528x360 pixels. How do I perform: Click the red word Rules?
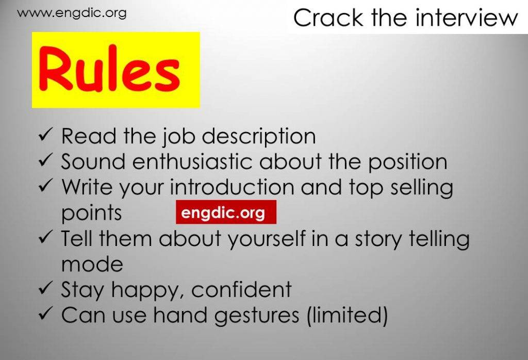[x=109, y=69]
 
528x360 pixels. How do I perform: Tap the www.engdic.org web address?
[x=72, y=13]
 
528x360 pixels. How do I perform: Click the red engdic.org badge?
[x=226, y=212]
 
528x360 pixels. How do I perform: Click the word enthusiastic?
[x=192, y=161]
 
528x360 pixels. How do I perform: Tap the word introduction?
[x=232, y=187]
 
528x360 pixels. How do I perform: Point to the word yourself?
[x=267, y=239]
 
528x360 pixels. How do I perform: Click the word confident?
[x=241, y=289]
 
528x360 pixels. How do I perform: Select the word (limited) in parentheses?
[x=347, y=316]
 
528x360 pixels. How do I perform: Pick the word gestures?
[x=257, y=316]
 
